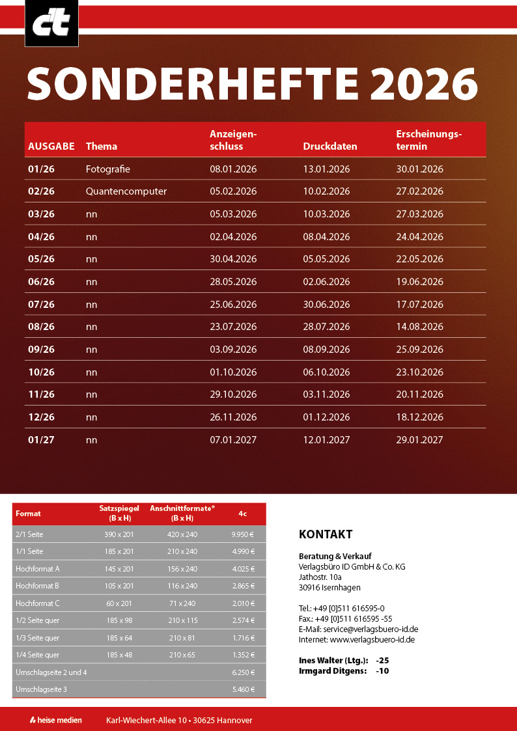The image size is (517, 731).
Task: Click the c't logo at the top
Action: coord(51,23)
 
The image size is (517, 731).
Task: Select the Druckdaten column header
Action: coord(330,146)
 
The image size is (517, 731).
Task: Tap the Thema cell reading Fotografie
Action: coord(108,169)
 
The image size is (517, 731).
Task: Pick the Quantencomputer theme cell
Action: coord(126,191)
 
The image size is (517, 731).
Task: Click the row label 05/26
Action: coord(41,259)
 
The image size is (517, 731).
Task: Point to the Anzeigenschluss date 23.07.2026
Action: coord(233,327)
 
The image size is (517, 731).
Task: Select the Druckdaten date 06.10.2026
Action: coord(326,372)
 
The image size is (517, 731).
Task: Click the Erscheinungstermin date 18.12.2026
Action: coord(419,417)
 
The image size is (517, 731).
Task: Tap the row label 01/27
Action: coord(41,440)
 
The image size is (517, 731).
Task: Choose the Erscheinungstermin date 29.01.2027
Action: coord(419,440)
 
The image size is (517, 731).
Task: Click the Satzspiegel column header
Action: coord(119,513)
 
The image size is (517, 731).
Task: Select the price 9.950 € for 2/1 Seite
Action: coord(242,534)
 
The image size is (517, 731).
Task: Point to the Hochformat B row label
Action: coord(37,586)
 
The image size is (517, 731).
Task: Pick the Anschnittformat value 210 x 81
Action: coord(182,638)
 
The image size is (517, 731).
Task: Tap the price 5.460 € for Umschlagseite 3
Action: coord(242,689)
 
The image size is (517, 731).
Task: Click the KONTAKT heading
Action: coord(326,534)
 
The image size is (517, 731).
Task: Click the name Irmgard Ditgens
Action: coord(332,670)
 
